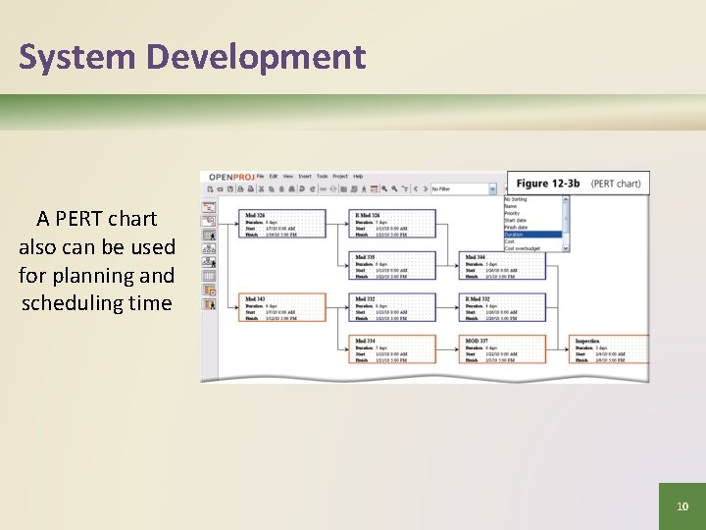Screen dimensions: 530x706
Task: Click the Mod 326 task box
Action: coord(283,223)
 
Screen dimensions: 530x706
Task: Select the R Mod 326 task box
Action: coord(394,223)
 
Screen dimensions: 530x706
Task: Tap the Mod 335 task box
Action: coord(394,266)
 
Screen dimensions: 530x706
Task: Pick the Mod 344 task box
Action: coord(504,266)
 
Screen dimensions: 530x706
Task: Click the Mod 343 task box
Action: coord(283,308)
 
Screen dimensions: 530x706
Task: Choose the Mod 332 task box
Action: coord(394,308)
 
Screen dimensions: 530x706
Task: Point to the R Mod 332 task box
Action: coord(504,308)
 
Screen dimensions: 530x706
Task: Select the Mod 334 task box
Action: coord(394,350)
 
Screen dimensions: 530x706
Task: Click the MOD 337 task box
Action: coord(504,350)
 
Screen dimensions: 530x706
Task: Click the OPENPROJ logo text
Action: coord(230,177)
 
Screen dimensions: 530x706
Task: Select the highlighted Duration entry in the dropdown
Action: coord(532,235)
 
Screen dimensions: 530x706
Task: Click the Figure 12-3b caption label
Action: coord(548,184)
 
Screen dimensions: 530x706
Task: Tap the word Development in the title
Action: coord(256,57)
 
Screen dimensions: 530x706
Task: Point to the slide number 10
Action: coord(682,506)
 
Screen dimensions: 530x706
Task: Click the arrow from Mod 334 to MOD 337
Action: coord(449,350)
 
